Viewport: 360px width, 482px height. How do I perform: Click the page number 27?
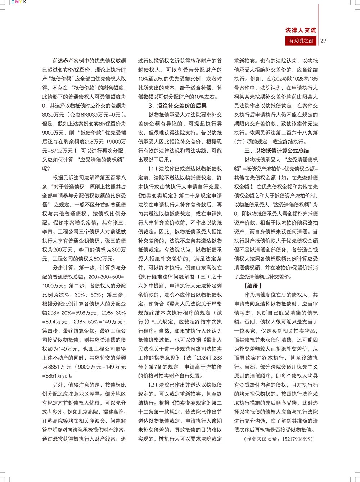(x=323, y=41)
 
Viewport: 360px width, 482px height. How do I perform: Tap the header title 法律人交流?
(x=301, y=30)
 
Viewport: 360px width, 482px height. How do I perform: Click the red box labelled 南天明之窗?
(x=301, y=41)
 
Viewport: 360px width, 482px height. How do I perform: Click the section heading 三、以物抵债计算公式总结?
(x=276, y=151)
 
